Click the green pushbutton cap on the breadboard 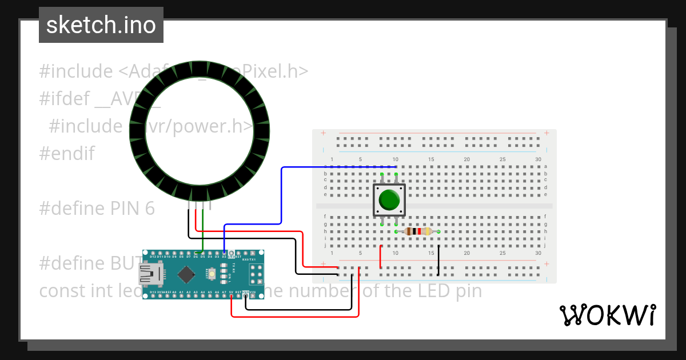[389, 199]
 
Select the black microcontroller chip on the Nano [186, 275]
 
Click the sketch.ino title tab [101, 25]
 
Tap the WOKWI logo [608, 315]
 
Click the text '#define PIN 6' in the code [97, 209]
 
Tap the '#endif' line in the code [67, 154]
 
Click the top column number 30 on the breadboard [538, 159]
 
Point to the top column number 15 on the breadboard [432, 159]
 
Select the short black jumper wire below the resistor [438, 260]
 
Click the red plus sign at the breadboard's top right [547, 133]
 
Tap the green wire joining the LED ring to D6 [202, 231]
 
